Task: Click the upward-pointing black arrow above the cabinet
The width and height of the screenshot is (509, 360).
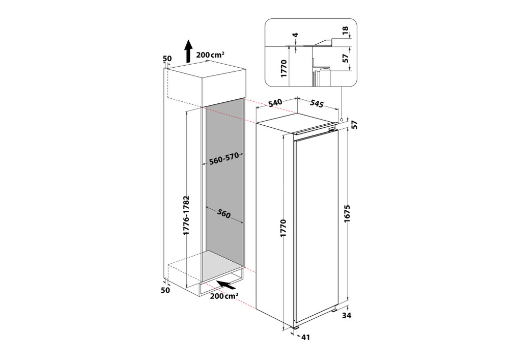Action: (188, 50)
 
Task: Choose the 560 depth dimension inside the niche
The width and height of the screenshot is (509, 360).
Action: (222, 214)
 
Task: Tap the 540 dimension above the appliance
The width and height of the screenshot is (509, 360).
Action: (275, 103)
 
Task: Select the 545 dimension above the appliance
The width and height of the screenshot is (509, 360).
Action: (316, 104)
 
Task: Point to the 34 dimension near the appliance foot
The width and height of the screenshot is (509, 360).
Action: (347, 316)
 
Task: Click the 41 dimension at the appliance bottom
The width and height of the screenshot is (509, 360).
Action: (305, 337)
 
